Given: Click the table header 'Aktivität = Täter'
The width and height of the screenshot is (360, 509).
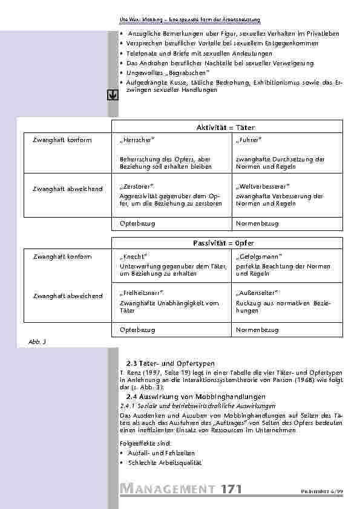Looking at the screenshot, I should [226, 128].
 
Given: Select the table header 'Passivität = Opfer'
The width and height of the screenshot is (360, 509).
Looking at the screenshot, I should [226, 243].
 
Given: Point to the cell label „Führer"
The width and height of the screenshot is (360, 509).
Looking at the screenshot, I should [249, 140].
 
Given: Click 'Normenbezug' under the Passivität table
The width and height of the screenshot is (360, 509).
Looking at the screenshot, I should [257, 330].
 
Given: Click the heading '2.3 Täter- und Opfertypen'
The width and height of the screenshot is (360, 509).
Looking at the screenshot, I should [171, 363].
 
